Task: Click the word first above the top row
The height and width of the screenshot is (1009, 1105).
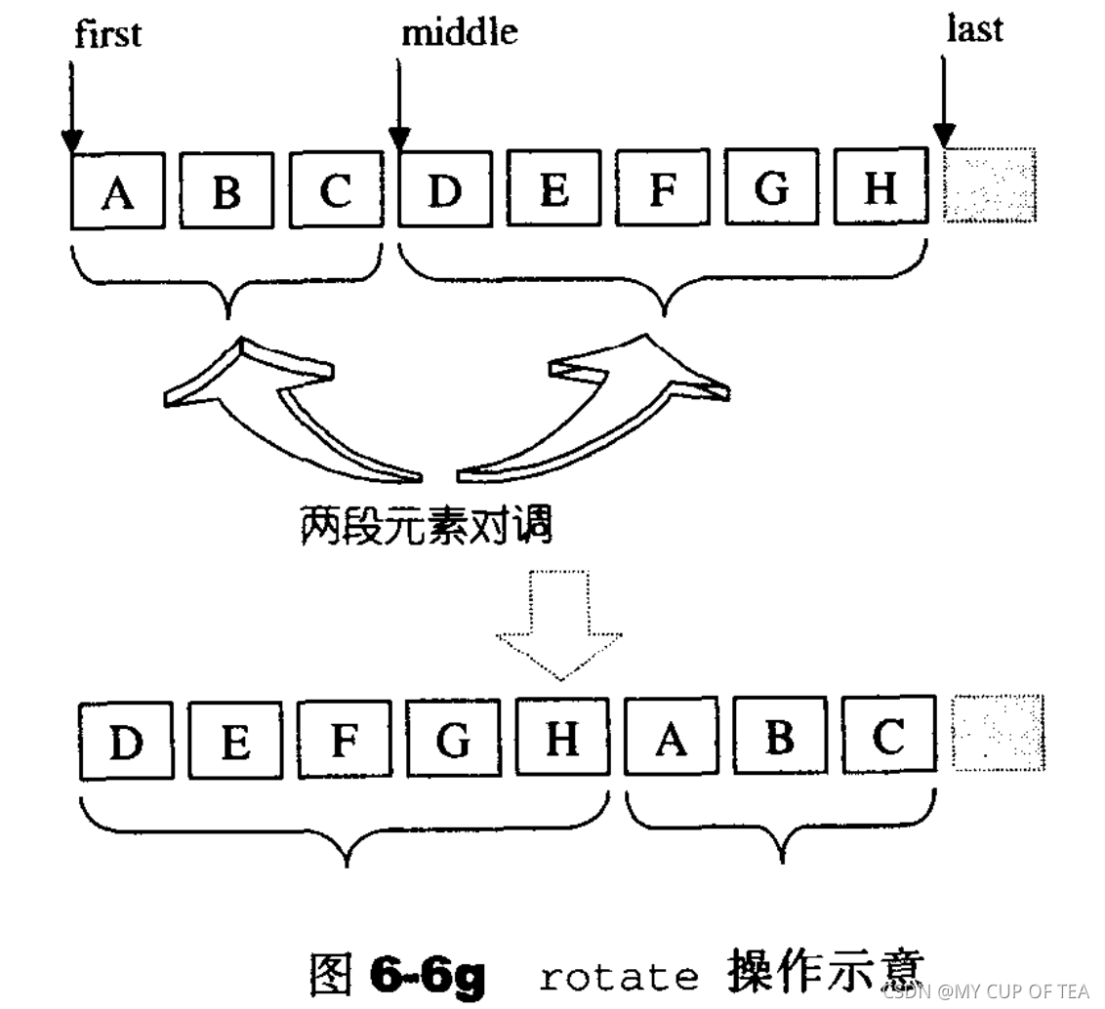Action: point(107,33)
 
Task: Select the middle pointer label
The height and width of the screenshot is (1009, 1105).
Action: point(459,32)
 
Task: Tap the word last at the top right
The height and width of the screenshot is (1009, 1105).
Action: point(974,29)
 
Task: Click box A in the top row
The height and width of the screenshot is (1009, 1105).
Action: point(118,191)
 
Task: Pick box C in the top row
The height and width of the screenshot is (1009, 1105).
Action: point(335,189)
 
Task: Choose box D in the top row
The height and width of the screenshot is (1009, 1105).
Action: point(444,188)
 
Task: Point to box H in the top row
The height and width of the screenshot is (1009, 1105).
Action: point(880,185)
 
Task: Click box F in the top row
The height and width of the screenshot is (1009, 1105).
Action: point(663,187)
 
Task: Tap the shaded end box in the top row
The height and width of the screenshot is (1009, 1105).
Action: point(989,184)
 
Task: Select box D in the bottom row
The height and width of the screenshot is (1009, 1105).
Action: point(126,741)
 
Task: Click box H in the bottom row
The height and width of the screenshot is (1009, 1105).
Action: point(562,738)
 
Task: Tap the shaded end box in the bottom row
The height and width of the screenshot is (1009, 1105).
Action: point(998,733)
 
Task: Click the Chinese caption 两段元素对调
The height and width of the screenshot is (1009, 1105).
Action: point(427,526)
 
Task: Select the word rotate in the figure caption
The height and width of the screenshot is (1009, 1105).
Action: point(618,975)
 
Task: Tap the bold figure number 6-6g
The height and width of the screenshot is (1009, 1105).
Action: point(427,973)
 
